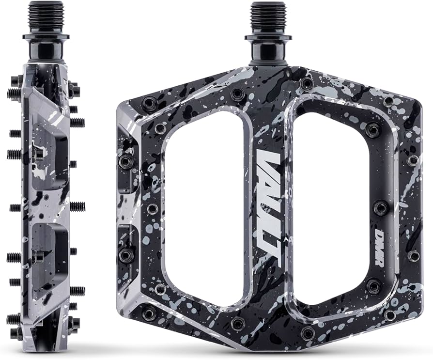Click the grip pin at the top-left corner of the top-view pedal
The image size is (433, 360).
[150, 103]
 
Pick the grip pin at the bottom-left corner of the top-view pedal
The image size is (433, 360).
[150, 313]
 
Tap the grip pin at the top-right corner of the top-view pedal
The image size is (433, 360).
[388, 102]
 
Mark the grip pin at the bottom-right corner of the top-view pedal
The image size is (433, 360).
[388, 315]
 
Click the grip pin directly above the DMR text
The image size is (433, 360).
[382, 208]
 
